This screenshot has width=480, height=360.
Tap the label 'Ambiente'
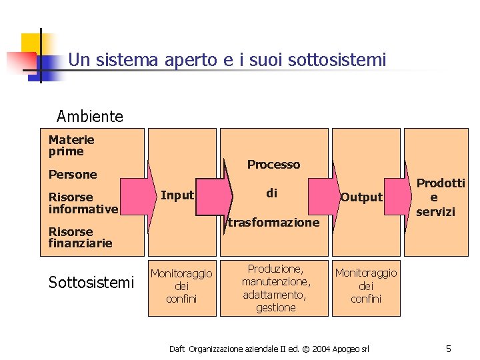pyautogui.click(x=90, y=117)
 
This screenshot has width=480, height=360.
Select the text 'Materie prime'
pyautogui.click(x=71, y=146)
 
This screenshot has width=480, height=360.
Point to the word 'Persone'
pyautogui.click(x=73, y=175)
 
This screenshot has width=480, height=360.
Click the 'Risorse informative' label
pyautogui.click(x=83, y=203)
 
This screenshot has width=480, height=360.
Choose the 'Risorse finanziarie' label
pyautogui.click(x=80, y=238)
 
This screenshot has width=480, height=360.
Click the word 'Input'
pyautogui.click(x=177, y=195)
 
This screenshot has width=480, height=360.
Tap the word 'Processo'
pyautogui.click(x=273, y=165)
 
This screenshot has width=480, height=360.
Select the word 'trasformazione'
pyautogui.click(x=273, y=223)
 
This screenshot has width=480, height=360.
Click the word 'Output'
pyautogui.click(x=361, y=197)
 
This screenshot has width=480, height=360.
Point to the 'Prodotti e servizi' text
pyautogui.click(x=441, y=197)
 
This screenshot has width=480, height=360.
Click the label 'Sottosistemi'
pyautogui.click(x=91, y=283)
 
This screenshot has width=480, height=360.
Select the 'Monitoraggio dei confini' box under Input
pyautogui.click(x=181, y=286)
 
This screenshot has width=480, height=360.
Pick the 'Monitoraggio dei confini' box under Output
pyautogui.click(x=365, y=286)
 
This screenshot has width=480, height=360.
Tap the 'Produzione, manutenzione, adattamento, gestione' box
pyautogui.click(x=275, y=288)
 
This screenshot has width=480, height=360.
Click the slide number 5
pyautogui.click(x=449, y=349)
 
